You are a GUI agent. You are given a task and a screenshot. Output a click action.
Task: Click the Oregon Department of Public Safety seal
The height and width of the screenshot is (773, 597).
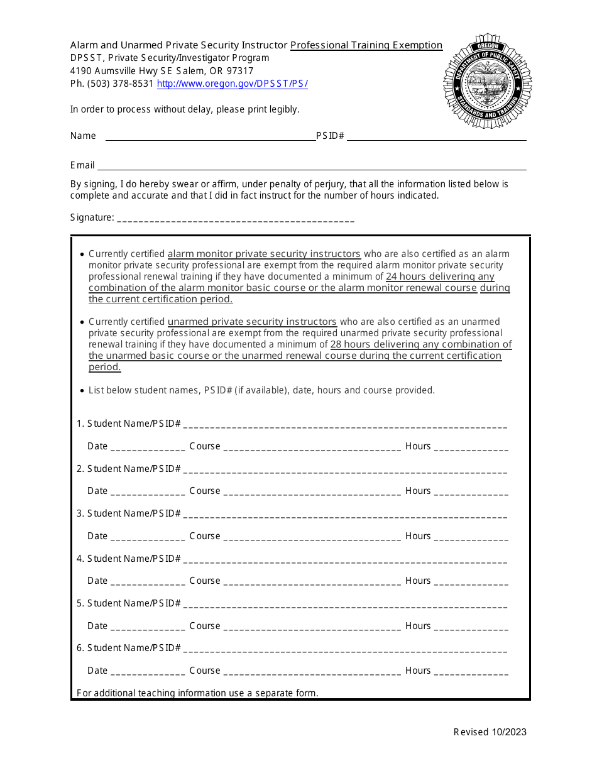(488, 81)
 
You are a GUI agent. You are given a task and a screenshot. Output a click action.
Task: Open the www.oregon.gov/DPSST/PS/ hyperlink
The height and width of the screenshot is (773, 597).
(232, 84)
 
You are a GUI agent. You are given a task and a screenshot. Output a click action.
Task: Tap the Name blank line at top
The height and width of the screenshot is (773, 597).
(210, 136)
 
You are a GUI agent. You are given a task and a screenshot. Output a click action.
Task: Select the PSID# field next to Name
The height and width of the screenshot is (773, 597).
(436, 136)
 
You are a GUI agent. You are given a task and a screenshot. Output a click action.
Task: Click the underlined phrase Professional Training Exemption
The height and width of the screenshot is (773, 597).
(366, 45)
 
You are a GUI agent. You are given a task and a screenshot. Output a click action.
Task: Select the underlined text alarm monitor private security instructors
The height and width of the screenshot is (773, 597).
(264, 254)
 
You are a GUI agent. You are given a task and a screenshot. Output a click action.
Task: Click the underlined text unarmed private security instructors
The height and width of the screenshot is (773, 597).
(253, 322)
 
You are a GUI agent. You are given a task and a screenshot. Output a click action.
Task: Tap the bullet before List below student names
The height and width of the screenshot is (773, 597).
(82, 391)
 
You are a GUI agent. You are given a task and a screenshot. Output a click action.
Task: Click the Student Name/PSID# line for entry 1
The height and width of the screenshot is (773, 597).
(345, 425)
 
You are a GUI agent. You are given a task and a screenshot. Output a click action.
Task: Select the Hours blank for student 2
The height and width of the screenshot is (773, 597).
(471, 492)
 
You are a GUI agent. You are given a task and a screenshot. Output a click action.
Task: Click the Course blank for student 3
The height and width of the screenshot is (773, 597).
(312, 537)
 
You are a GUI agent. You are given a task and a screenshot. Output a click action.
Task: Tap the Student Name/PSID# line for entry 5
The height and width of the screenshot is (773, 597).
(345, 605)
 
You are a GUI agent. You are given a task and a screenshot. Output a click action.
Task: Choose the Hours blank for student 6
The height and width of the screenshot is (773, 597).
(471, 672)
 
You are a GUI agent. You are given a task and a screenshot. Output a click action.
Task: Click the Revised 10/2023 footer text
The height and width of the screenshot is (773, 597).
(490, 732)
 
